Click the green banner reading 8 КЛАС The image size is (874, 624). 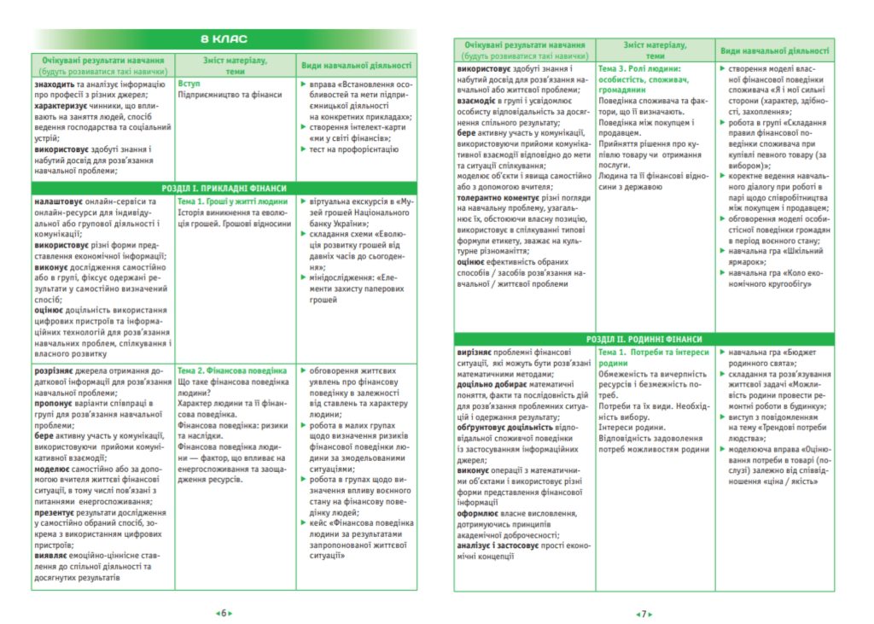[x=224, y=38]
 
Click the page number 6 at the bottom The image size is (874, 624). [x=224, y=612]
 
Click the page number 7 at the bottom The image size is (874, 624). [x=643, y=612]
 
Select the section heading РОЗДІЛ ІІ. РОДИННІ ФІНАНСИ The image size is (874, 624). [x=644, y=339]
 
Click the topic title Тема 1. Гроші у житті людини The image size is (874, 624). [x=231, y=202]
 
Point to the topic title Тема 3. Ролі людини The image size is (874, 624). [x=638, y=68]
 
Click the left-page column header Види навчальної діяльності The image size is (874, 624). [x=356, y=65]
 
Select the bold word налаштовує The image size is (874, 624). [x=59, y=202]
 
